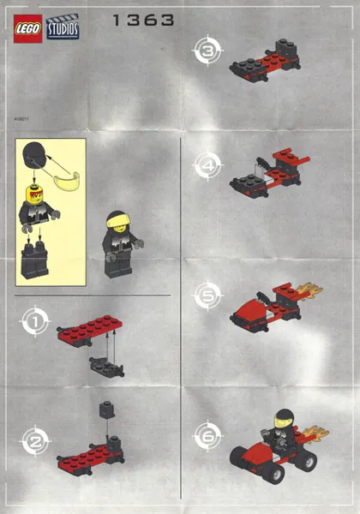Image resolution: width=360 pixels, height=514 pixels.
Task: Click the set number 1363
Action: click(143, 19)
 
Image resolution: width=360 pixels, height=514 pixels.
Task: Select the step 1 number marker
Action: click(34, 323)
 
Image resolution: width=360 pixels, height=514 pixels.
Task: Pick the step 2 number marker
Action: click(34, 441)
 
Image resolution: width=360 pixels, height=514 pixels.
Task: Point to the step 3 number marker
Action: click(207, 51)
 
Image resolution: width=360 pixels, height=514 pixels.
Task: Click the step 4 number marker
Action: click(207, 164)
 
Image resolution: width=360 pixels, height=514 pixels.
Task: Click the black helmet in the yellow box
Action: click(36, 157)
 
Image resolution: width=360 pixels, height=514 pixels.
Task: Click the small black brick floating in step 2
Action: click(106, 410)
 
